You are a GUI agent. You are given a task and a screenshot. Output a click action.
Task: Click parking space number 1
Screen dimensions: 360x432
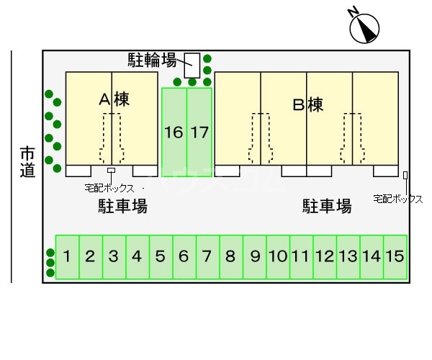[x=67, y=256]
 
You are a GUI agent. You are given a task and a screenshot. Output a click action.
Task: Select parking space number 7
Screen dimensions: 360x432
[x=207, y=256]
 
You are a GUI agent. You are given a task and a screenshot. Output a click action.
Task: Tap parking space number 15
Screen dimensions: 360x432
[x=395, y=256]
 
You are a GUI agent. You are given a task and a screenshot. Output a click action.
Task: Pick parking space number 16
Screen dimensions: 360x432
[x=174, y=132]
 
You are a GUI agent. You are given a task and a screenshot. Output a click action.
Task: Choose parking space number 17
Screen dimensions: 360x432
[x=199, y=132]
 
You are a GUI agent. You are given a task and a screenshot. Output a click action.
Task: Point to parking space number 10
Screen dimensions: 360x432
[x=278, y=256]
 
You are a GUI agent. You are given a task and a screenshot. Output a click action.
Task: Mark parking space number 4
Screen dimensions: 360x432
[x=137, y=256]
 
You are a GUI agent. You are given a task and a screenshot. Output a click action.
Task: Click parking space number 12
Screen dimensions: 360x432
[x=324, y=256]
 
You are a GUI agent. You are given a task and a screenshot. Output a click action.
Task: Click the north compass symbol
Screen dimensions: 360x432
[x=364, y=27]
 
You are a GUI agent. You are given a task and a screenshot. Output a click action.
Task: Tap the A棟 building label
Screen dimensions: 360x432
[x=114, y=101]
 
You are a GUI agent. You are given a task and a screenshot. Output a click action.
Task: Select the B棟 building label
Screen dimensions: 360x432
[x=307, y=105]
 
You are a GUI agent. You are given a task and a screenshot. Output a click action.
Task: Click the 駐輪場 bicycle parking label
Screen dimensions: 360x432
[x=153, y=59]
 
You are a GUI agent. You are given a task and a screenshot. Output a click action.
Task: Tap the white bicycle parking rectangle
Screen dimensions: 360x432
[x=192, y=66]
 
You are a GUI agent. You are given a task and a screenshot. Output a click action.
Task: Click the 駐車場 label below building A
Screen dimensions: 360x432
[x=123, y=207]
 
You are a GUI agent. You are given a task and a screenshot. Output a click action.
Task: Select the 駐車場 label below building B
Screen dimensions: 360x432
[x=327, y=207]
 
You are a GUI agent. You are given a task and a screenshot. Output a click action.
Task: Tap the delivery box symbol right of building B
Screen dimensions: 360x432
[x=405, y=175]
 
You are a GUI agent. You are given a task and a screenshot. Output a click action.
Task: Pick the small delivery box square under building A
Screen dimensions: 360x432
[x=111, y=171]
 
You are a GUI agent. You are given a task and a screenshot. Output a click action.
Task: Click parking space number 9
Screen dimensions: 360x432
[x=255, y=256]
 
